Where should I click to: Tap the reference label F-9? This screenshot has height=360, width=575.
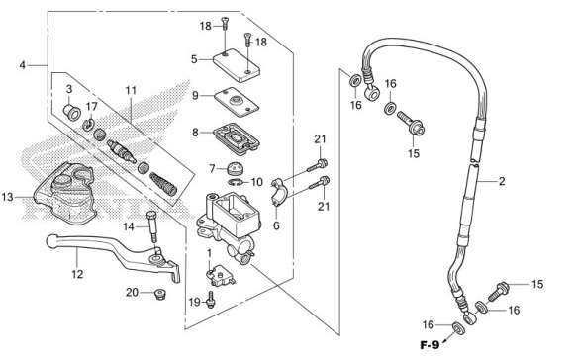(430, 345)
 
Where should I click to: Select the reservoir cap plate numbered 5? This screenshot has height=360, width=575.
(237, 65)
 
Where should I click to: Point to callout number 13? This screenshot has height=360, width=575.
(7, 197)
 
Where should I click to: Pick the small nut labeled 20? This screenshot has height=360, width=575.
(160, 294)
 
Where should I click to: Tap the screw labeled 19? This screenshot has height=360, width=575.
(211, 299)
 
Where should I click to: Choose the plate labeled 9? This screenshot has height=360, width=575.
(237, 102)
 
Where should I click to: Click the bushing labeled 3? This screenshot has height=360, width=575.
(72, 112)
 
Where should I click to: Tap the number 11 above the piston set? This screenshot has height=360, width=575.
(131, 90)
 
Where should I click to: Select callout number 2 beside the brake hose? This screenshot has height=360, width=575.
(502, 181)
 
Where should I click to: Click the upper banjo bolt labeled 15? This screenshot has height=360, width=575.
(411, 124)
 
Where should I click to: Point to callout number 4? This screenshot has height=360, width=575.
(23, 65)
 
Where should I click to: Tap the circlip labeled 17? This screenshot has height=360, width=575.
(88, 125)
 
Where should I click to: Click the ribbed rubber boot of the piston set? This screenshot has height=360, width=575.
(163, 184)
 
